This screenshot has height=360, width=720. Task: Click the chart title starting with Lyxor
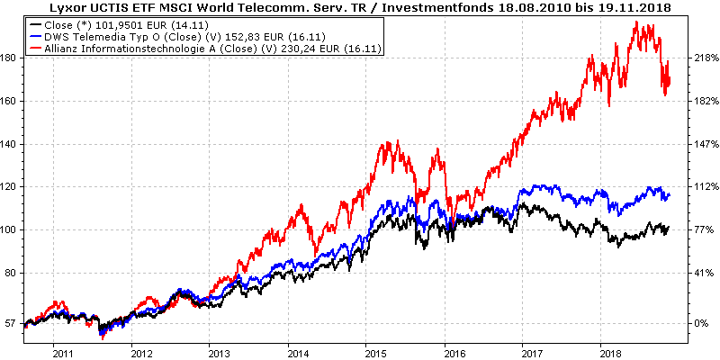click(360, 7)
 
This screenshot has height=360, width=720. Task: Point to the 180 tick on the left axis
click(11, 58)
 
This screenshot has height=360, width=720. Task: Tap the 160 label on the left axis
click(11, 101)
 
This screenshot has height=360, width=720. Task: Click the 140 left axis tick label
click(11, 144)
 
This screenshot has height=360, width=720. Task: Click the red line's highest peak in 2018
click(637, 22)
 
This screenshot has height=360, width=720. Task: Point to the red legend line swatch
click(38, 48)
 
